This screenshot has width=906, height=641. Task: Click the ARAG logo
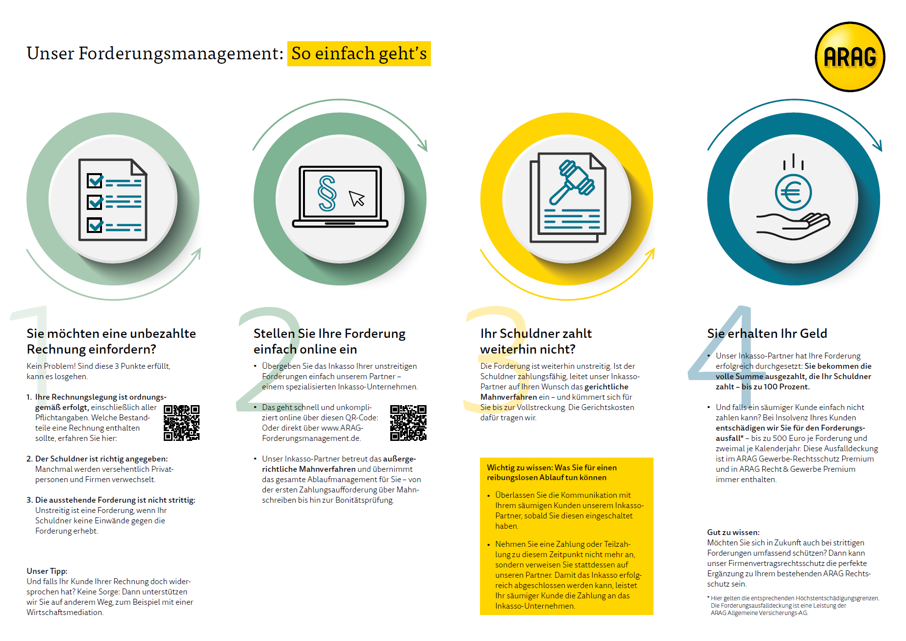click(x=850, y=57)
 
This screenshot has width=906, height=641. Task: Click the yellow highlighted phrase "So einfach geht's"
click(x=359, y=53)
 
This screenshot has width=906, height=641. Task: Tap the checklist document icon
click(x=113, y=200)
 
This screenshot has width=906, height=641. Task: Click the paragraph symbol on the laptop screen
click(x=327, y=193)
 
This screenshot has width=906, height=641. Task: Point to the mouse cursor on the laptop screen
click(x=356, y=198)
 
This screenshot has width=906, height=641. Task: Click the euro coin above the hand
click(x=793, y=192)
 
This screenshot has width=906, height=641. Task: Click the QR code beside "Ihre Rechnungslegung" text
click(x=181, y=423)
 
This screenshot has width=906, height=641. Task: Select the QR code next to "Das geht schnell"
click(x=408, y=423)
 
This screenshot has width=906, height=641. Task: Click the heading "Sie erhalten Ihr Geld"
click(x=767, y=333)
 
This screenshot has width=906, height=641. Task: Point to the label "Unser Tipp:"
click(x=47, y=571)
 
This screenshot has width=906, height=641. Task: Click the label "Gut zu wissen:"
click(x=733, y=532)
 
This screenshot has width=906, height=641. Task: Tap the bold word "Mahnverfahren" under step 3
click(x=508, y=397)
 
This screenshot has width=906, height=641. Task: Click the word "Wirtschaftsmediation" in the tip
click(x=65, y=612)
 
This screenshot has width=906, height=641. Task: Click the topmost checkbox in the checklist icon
click(x=95, y=180)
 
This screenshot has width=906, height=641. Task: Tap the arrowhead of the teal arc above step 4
click(x=879, y=146)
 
